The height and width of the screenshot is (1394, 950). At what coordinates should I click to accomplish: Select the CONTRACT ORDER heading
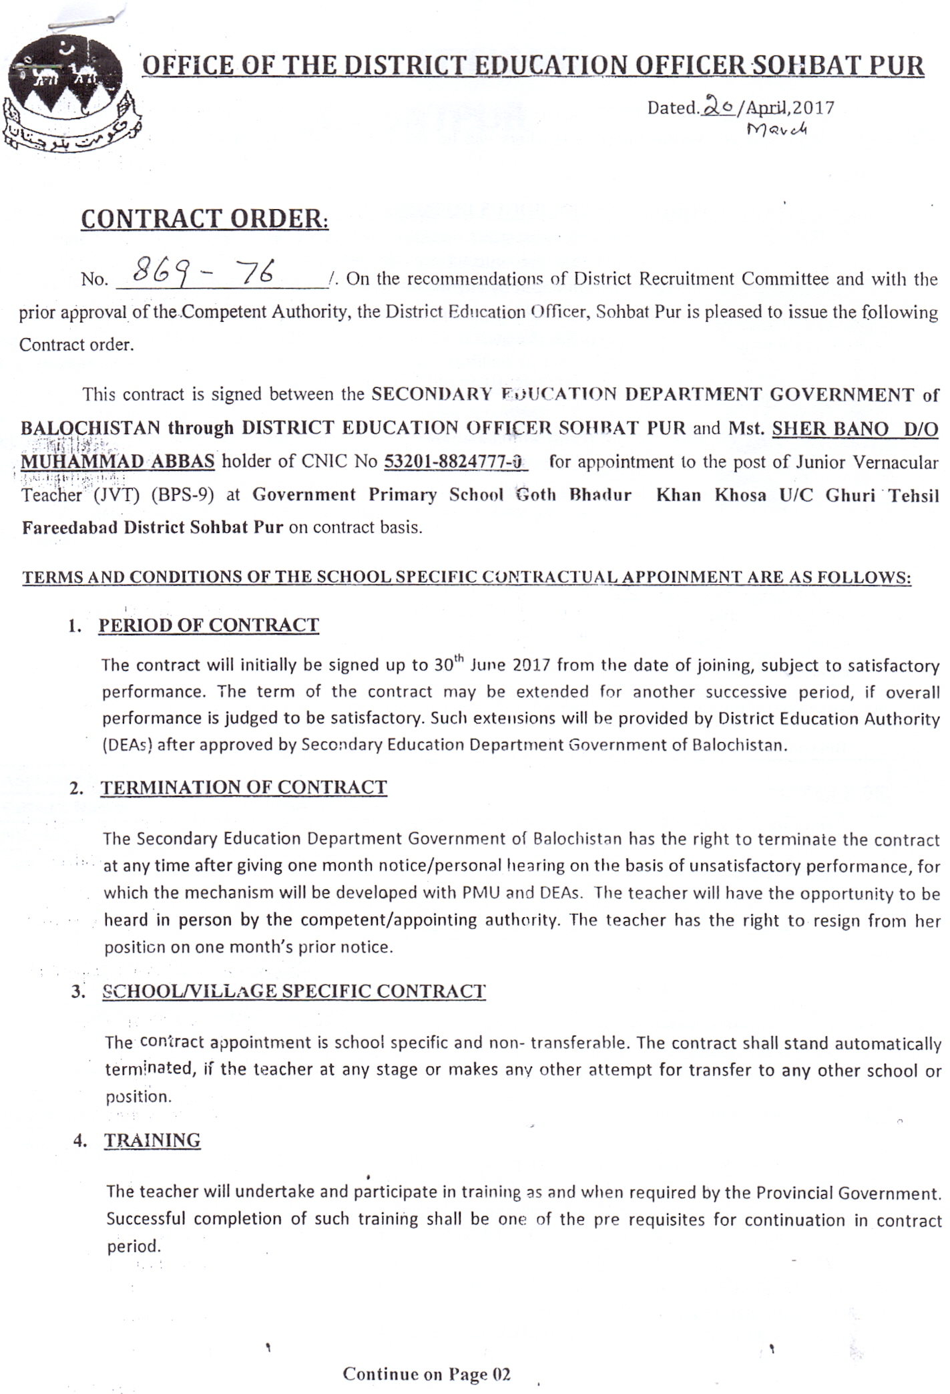(204, 219)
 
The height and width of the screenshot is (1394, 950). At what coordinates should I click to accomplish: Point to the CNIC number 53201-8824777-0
(455, 462)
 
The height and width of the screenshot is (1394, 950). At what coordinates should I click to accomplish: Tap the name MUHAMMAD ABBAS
(118, 462)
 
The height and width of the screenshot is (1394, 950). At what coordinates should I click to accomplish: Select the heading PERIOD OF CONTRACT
(208, 625)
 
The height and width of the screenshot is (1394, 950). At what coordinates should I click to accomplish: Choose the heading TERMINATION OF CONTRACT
(244, 788)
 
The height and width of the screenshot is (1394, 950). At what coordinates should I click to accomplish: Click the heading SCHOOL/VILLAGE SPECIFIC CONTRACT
(294, 991)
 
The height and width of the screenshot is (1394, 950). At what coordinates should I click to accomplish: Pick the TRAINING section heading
(152, 1140)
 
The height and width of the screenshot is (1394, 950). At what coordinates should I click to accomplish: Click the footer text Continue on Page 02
(427, 1374)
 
